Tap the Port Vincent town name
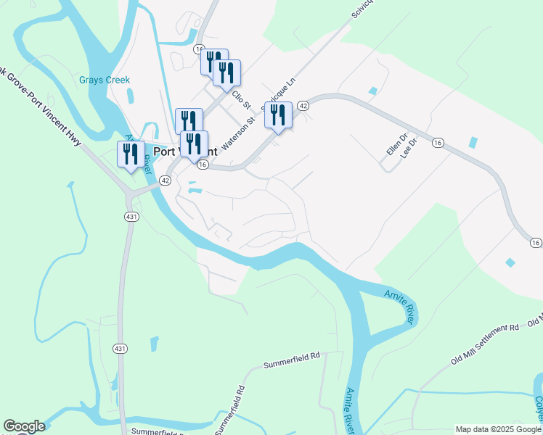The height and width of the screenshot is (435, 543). (186, 152)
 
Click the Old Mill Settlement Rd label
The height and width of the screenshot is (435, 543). (485, 339)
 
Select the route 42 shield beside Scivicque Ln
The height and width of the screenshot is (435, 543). (303, 106)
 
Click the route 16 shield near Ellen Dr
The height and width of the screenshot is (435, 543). (437, 144)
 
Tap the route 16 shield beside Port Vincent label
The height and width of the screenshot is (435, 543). (203, 165)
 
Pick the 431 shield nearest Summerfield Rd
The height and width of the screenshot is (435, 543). (120, 349)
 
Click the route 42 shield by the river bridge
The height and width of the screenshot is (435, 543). (166, 181)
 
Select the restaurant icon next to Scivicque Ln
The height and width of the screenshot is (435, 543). (278, 115)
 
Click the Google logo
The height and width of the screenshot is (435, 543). (24, 427)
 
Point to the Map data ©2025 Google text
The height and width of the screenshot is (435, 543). (499, 429)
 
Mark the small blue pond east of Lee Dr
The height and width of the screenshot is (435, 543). (474, 143)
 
